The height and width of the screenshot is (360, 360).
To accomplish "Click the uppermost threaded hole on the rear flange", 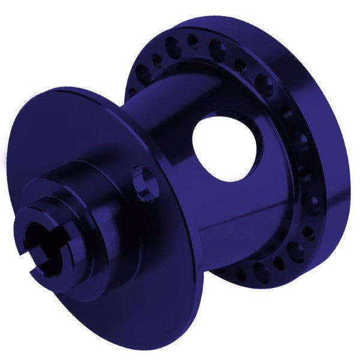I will pyautogui.click(x=193, y=42).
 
